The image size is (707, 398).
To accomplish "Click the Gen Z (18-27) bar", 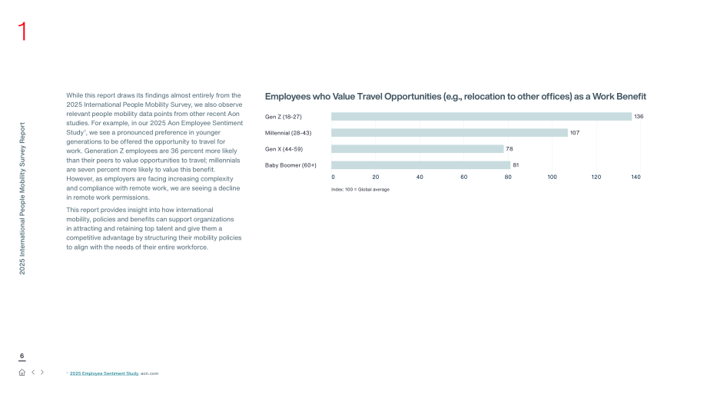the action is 482,117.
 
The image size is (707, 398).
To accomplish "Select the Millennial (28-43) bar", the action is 450,133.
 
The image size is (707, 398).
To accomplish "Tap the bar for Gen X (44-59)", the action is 417,149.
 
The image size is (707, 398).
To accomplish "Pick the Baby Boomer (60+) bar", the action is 420,165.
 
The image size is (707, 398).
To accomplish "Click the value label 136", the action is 639,117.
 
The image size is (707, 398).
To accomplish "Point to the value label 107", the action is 575,133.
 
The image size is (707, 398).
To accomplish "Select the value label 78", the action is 510,149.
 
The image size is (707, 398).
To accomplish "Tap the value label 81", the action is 516,165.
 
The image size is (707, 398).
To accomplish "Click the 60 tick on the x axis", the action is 464,177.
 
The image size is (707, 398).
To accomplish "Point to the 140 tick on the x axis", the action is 636,177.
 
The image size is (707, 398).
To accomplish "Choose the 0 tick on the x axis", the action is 334,177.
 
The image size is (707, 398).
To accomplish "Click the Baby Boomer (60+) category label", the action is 290,165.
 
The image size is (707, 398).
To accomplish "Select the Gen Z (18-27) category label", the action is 283,117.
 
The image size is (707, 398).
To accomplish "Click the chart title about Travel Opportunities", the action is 456,97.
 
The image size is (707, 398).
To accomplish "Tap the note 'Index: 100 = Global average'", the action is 360,190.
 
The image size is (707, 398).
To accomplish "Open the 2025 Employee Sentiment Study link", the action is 105,373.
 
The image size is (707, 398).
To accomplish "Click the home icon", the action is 22,373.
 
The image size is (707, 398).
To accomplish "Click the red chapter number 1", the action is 22,32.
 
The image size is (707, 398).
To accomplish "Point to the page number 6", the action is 22,356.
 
